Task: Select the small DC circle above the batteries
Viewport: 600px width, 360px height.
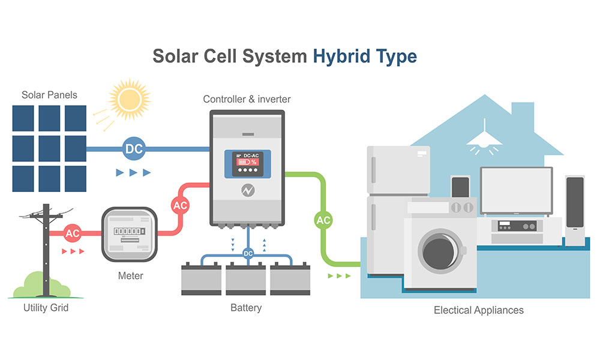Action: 248,254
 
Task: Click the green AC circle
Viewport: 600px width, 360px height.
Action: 323,220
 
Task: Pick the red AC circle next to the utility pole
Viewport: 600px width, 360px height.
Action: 73,233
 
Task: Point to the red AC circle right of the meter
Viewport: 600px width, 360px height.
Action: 180,205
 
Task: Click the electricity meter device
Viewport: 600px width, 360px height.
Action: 130,234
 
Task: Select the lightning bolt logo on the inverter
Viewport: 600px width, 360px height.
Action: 247,190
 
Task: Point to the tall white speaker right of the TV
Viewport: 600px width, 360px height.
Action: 575,210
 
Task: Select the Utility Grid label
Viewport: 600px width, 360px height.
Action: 46,308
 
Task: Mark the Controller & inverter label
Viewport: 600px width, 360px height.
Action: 247,99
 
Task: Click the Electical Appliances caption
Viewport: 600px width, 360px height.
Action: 479,310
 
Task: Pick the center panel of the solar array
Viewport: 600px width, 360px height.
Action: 50,148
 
